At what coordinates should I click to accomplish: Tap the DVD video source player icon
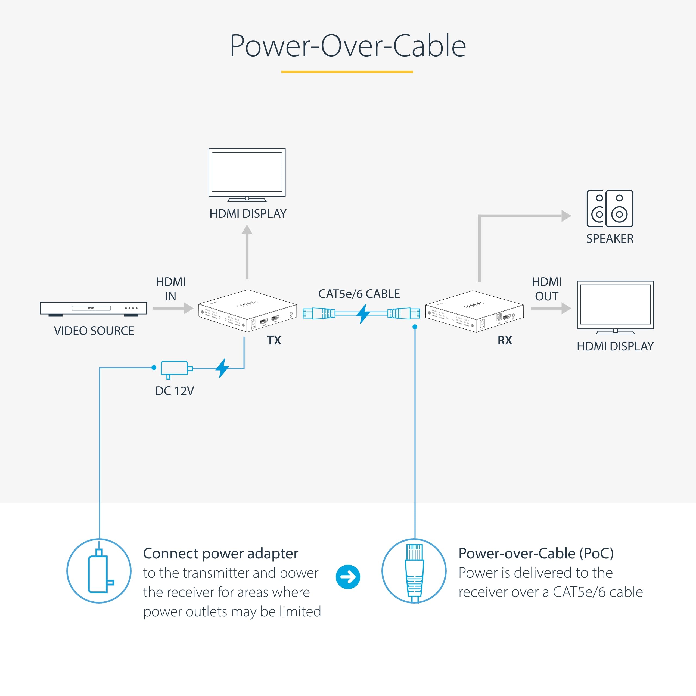[93, 309]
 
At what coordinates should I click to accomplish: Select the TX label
[274, 340]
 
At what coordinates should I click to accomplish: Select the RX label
[505, 340]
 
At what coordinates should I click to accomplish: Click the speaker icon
[610, 209]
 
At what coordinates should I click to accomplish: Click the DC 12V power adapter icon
[175, 369]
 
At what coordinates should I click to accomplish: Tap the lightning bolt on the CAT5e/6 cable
[363, 313]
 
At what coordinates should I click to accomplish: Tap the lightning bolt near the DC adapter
[222, 368]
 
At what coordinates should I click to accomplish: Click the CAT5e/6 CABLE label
[359, 294]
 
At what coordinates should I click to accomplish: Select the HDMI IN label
[170, 289]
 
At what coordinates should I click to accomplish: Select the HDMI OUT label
[546, 289]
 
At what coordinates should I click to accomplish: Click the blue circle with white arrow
[348, 577]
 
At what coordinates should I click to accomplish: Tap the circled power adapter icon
[99, 571]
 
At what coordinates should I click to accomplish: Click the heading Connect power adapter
[220, 553]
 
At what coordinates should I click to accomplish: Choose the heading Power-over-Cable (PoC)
[536, 553]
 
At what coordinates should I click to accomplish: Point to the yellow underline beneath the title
[347, 72]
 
